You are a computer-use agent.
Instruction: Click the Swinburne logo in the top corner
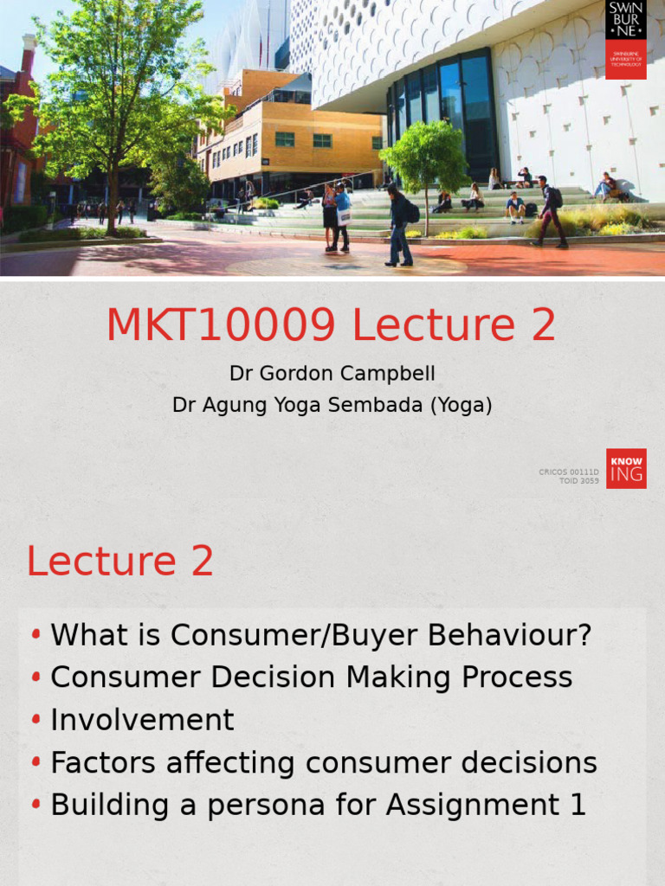tap(625, 40)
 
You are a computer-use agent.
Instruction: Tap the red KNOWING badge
tap(625, 468)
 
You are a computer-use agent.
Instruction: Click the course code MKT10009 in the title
tap(221, 325)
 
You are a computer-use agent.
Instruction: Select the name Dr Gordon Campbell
tap(332, 374)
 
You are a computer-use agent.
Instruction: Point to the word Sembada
tap(379, 405)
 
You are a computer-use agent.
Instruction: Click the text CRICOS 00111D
tap(569, 472)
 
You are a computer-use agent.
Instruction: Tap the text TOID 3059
tap(579, 481)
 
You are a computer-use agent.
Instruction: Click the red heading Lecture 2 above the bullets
tap(120, 562)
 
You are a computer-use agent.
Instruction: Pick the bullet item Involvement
tap(142, 720)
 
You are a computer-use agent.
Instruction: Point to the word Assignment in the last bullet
tap(473, 805)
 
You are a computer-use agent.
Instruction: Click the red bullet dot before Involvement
tap(36, 720)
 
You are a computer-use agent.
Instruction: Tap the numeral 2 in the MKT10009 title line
tap(539, 325)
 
